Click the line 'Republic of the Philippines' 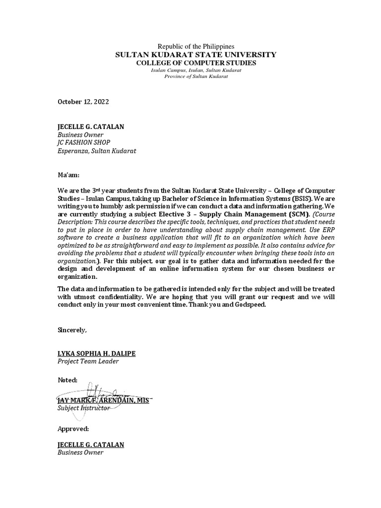coord(195,46)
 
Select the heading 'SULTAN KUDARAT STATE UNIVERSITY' coord(195,55)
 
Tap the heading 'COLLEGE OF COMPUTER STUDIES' coord(195,63)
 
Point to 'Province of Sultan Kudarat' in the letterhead coord(195,77)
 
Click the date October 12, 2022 coord(83,102)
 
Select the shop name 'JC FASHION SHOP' coord(84,142)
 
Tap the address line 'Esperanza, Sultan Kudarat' coord(97,150)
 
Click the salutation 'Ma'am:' coord(68,175)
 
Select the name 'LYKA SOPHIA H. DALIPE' coord(96,353)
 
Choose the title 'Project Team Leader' coord(88,361)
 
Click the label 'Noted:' coord(67,380)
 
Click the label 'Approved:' coord(73,428)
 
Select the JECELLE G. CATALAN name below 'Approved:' coord(91,444)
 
